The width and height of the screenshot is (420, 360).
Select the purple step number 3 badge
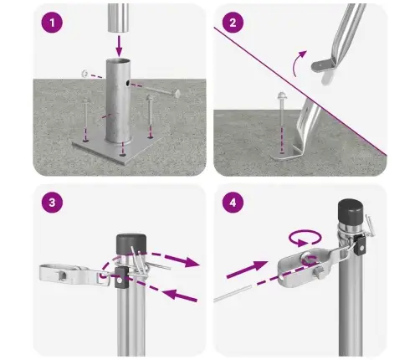pyautogui.click(x=54, y=203)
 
